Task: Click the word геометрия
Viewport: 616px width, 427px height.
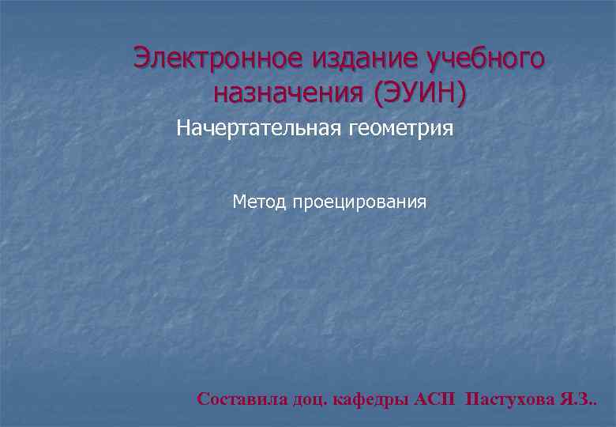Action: point(408,127)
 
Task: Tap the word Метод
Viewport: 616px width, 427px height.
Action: point(260,202)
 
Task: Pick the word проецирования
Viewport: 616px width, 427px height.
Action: point(360,203)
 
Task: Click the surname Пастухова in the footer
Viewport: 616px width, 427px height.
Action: point(511,399)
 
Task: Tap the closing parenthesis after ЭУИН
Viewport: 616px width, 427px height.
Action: point(460,94)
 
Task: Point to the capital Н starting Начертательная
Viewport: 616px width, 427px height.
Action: point(183,127)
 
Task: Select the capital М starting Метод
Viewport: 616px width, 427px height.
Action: point(239,202)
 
